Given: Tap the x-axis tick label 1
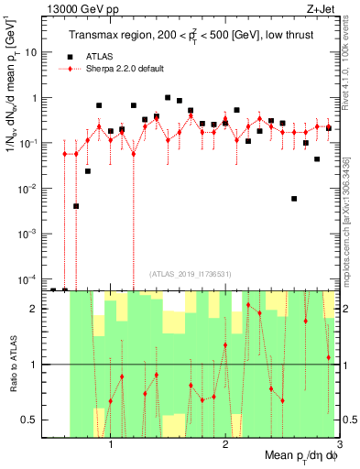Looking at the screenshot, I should click(111, 446).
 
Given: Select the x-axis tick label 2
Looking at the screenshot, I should click(225, 446).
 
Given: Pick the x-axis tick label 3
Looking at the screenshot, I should click(339, 446).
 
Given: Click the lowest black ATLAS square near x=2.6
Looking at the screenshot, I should click(294, 198).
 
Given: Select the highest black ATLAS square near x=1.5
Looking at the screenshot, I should click(168, 97).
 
